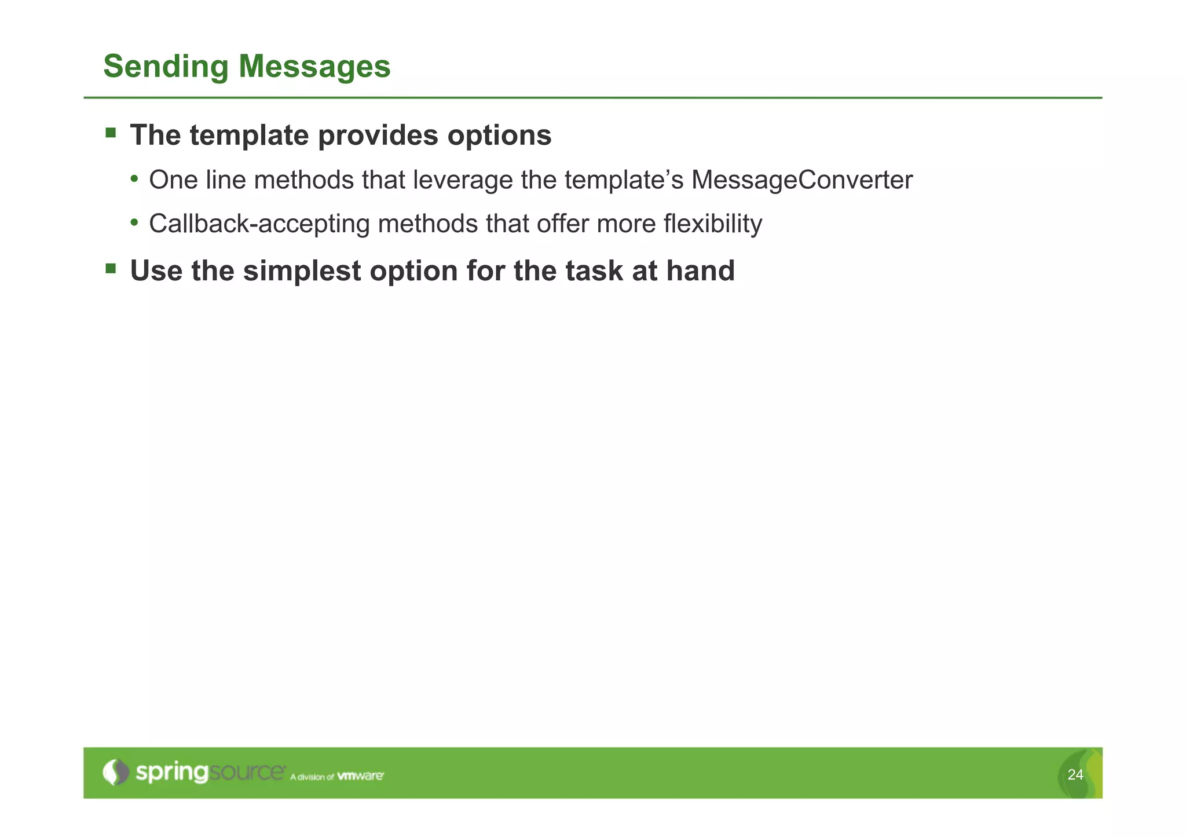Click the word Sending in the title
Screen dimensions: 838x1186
[x=166, y=67]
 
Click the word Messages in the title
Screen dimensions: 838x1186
[x=314, y=67]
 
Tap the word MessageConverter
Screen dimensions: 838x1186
[x=801, y=180]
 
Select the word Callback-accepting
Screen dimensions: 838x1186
[x=259, y=224]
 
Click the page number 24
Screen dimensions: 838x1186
[x=1075, y=775]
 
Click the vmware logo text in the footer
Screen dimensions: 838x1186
[x=360, y=776]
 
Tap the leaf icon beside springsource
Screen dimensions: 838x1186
[x=116, y=772]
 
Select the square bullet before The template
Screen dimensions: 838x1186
[x=111, y=134]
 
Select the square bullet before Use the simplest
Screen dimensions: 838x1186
[x=111, y=269]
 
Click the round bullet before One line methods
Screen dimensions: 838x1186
[x=134, y=179]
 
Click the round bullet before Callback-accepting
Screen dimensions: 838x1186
[x=134, y=222]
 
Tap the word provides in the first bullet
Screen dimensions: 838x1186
[x=378, y=136]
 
